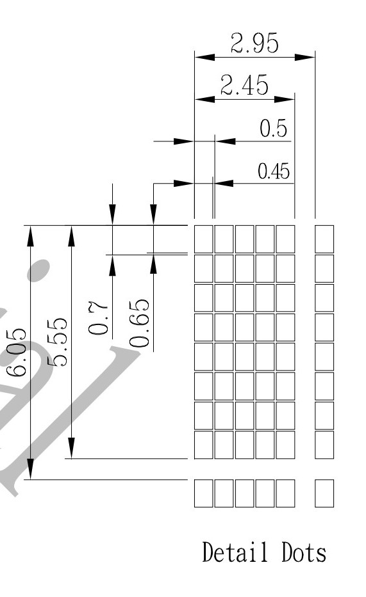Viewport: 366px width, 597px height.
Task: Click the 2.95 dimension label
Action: coord(254,43)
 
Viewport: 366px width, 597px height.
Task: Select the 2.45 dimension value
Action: coord(244,85)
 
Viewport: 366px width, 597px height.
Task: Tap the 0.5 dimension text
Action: coord(273,128)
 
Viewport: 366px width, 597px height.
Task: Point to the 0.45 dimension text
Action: coord(274,171)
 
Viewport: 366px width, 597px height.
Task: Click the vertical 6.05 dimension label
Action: coord(17,352)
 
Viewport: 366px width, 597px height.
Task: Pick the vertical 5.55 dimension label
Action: coord(57,342)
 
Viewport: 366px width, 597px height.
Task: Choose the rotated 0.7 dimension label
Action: coord(98,317)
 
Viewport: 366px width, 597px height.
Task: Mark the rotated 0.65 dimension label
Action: coord(139,323)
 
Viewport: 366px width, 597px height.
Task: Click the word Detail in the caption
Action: coord(235,552)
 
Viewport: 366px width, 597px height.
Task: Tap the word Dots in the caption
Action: coord(304,552)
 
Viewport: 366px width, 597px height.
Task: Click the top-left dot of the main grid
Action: coord(204,239)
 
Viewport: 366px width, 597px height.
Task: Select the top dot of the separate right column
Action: coord(324,239)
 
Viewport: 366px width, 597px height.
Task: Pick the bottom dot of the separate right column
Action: coord(324,493)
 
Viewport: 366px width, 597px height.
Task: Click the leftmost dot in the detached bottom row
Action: coord(204,493)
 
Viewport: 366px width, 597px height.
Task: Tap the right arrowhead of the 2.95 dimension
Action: coord(305,57)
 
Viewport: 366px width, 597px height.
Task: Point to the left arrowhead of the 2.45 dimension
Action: coord(204,99)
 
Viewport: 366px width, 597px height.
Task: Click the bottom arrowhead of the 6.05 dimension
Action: coord(31,469)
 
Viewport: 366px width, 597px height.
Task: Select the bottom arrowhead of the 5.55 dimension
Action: coord(71,448)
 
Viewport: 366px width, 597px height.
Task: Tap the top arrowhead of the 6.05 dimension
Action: coord(31,235)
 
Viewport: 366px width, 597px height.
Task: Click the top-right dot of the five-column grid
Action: coord(285,239)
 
